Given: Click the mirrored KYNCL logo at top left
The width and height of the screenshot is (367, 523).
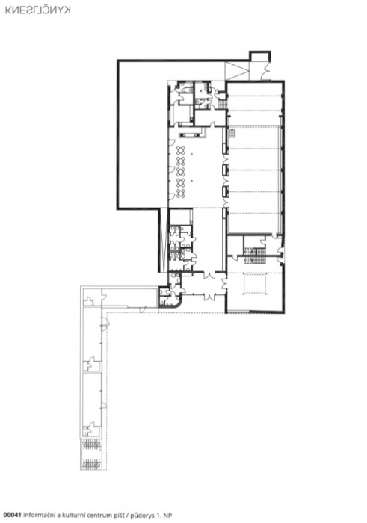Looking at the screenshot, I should [x=37, y=10].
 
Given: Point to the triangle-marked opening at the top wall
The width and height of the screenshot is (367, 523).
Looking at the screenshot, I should [x=238, y=71].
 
